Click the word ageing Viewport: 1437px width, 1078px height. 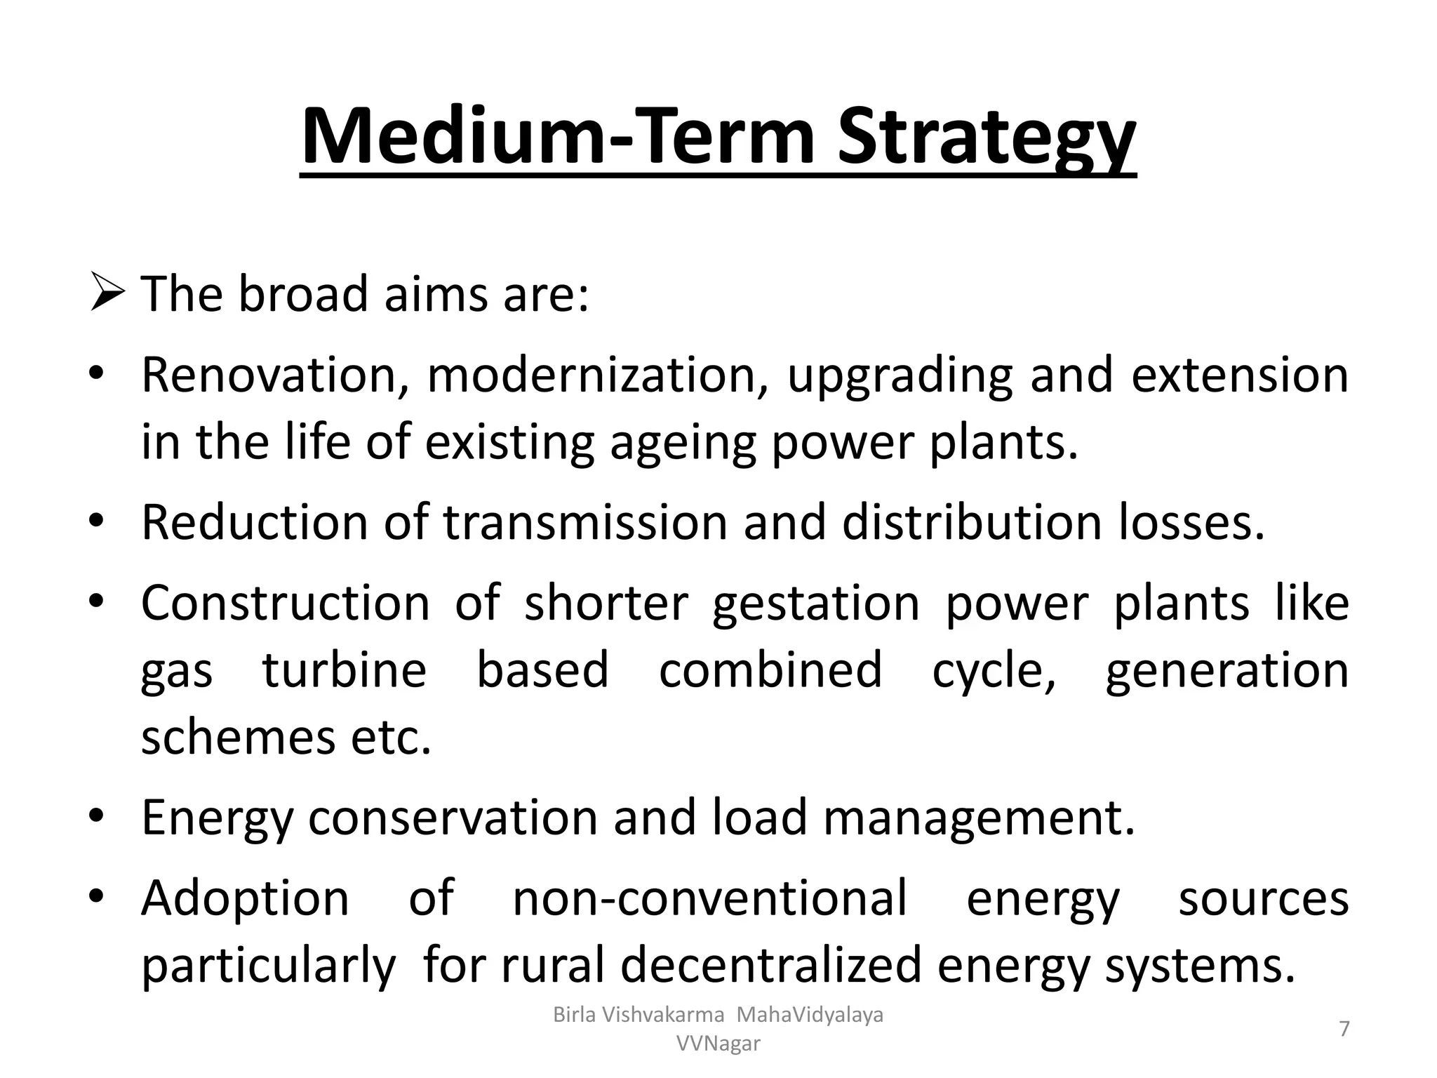click(683, 444)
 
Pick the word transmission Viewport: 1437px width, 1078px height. click(584, 523)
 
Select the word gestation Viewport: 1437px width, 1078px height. click(816, 604)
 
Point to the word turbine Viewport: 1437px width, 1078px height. click(345, 670)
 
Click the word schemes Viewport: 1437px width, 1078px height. click(238, 738)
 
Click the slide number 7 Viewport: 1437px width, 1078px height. click(1344, 1029)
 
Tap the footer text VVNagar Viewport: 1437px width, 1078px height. click(718, 1044)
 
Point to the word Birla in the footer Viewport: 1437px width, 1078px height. click(573, 1015)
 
